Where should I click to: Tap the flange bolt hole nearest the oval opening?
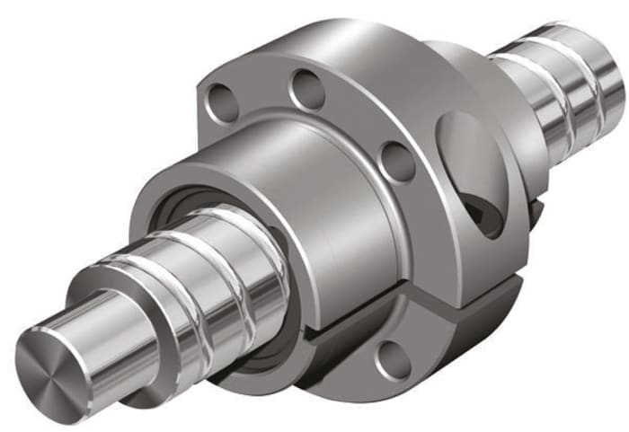(396, 161)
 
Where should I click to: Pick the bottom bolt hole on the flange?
(393, 360)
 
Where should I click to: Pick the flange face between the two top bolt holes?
(265, 90)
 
